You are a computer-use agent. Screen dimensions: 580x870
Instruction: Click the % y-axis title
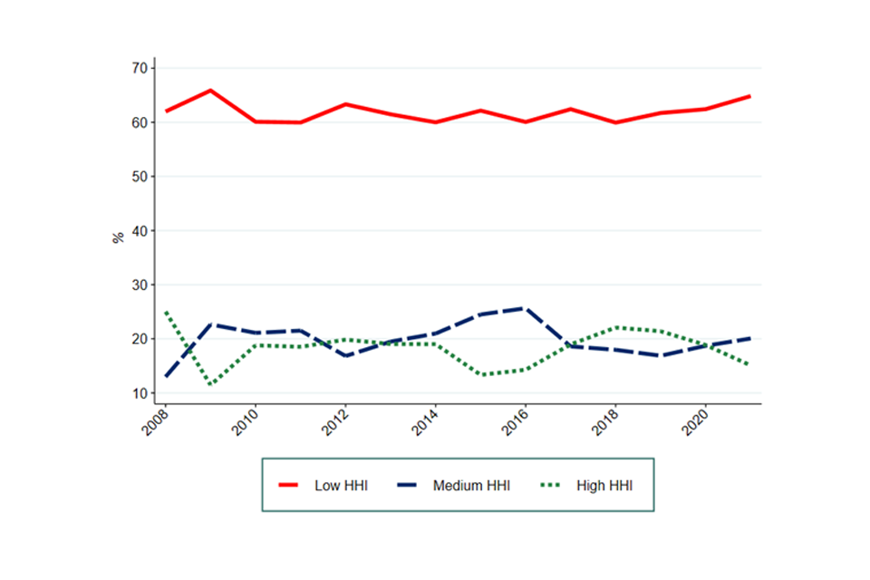click(118, 237)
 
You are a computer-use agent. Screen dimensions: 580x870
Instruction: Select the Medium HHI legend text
click(471, 486)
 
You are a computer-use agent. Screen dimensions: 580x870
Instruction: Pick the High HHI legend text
click(604, 486)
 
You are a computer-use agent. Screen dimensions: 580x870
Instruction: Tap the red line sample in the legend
click(291, 486)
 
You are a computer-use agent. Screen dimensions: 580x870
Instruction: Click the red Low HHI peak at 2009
click(210, 90)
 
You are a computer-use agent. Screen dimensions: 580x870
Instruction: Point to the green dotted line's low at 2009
click(210, 385)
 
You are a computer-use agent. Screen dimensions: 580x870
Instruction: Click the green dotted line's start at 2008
click(166, 312)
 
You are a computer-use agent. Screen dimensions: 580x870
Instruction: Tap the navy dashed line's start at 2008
click(166, 375)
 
